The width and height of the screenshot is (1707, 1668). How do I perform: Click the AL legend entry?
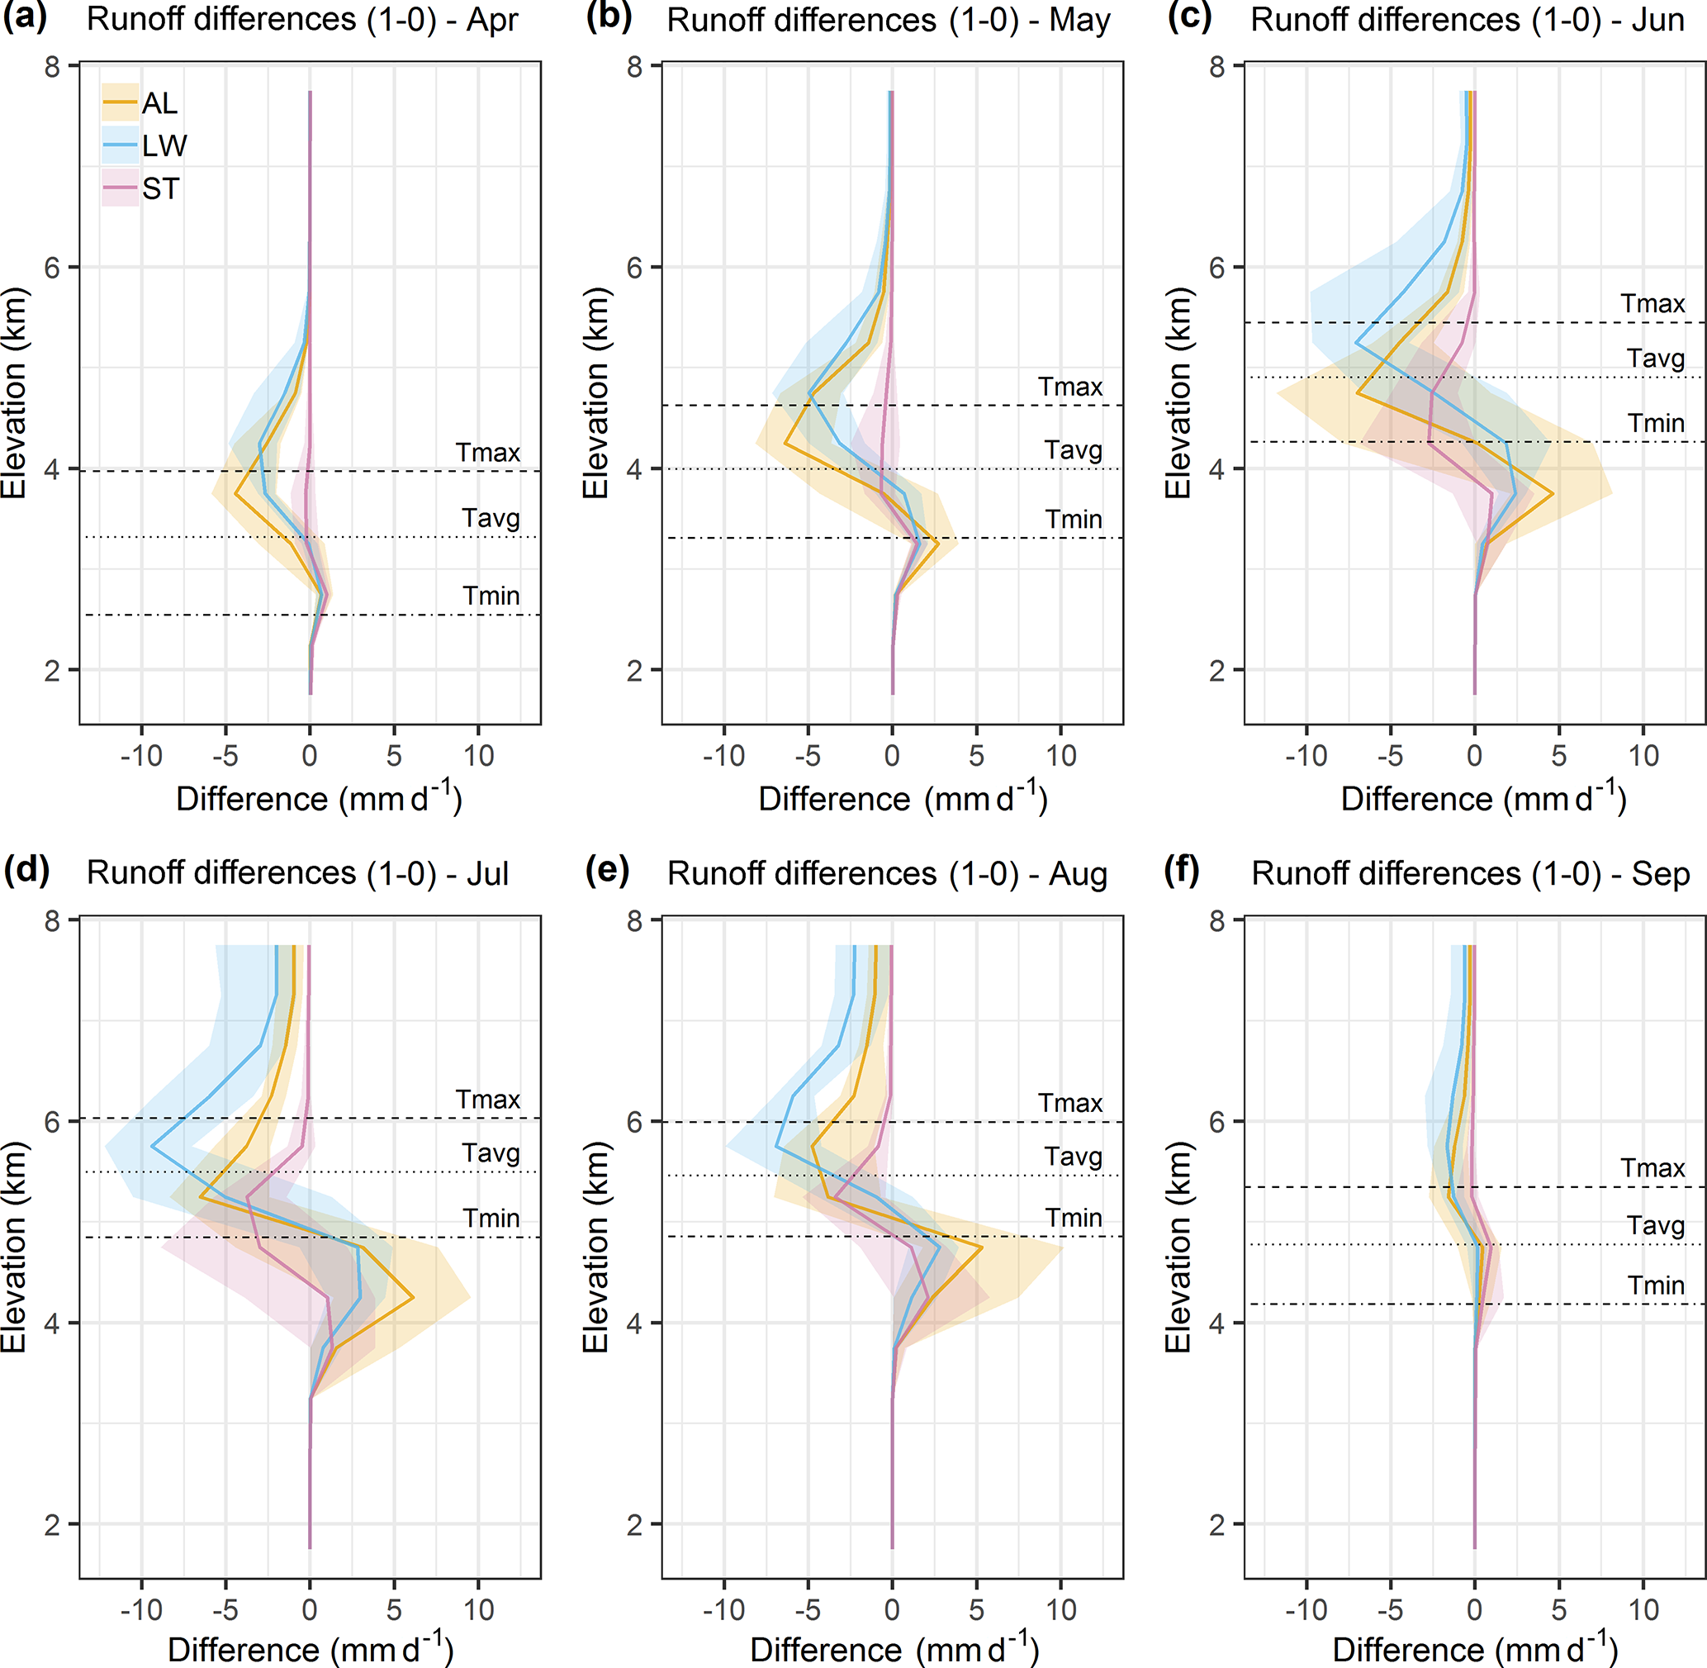(x=159, y=103)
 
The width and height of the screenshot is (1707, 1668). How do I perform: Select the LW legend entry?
(x=164, y=145)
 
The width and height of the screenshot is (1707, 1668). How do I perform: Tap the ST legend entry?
(x=160, y=188)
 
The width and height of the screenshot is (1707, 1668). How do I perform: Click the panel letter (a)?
(x=24, y=17)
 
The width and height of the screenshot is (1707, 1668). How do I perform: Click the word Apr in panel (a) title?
(x=492, y=19)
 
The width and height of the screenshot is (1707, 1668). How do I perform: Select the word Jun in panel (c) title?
(x=1657, y=19)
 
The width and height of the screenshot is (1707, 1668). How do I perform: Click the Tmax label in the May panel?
(x=1069, y=387)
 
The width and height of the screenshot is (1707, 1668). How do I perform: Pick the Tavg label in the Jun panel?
(x=1655, y=359)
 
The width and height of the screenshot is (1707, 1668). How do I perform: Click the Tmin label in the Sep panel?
(x=1655, y=1285)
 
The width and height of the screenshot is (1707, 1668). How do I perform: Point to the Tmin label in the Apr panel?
(x=491, y=596)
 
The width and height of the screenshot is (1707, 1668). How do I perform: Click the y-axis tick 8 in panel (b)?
(x=635, y=67)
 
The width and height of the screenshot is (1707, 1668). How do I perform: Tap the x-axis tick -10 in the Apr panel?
(x=141, y=755)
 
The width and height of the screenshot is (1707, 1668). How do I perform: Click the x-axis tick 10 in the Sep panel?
(x=1643, y=1609)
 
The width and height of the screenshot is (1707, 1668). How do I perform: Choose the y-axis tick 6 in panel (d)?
(x=53, y=1121)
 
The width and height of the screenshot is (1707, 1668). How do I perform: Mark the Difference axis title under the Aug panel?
(x=894, y=1650)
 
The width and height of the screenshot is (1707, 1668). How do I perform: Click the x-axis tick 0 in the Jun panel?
(x=1475, y=755)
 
